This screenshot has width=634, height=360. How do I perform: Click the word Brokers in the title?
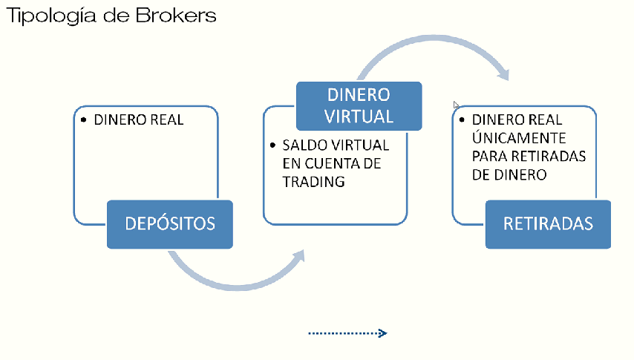click(x=176, y=15)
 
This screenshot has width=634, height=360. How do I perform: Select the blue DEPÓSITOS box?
click(x=170, y=223)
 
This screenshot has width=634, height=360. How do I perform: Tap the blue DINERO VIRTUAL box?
click(x=359, y=105)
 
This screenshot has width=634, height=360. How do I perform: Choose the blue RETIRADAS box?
click(x=548, y=223)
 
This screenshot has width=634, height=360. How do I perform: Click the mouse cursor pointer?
click(x=456, y=105)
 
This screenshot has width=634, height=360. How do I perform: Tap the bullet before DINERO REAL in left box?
click(x=84, y=120)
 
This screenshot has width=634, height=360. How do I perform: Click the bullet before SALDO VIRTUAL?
click(x=273, y=145)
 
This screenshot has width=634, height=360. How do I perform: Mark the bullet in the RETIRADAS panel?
click(x=462, y=120)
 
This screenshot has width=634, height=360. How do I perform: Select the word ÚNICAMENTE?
click(x=519, y=138)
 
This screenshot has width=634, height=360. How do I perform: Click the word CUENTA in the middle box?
click(x=329, y=163)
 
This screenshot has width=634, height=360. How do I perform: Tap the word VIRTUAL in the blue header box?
click(x=359, y=116)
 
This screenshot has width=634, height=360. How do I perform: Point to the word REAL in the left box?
click(x=164, y=120)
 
